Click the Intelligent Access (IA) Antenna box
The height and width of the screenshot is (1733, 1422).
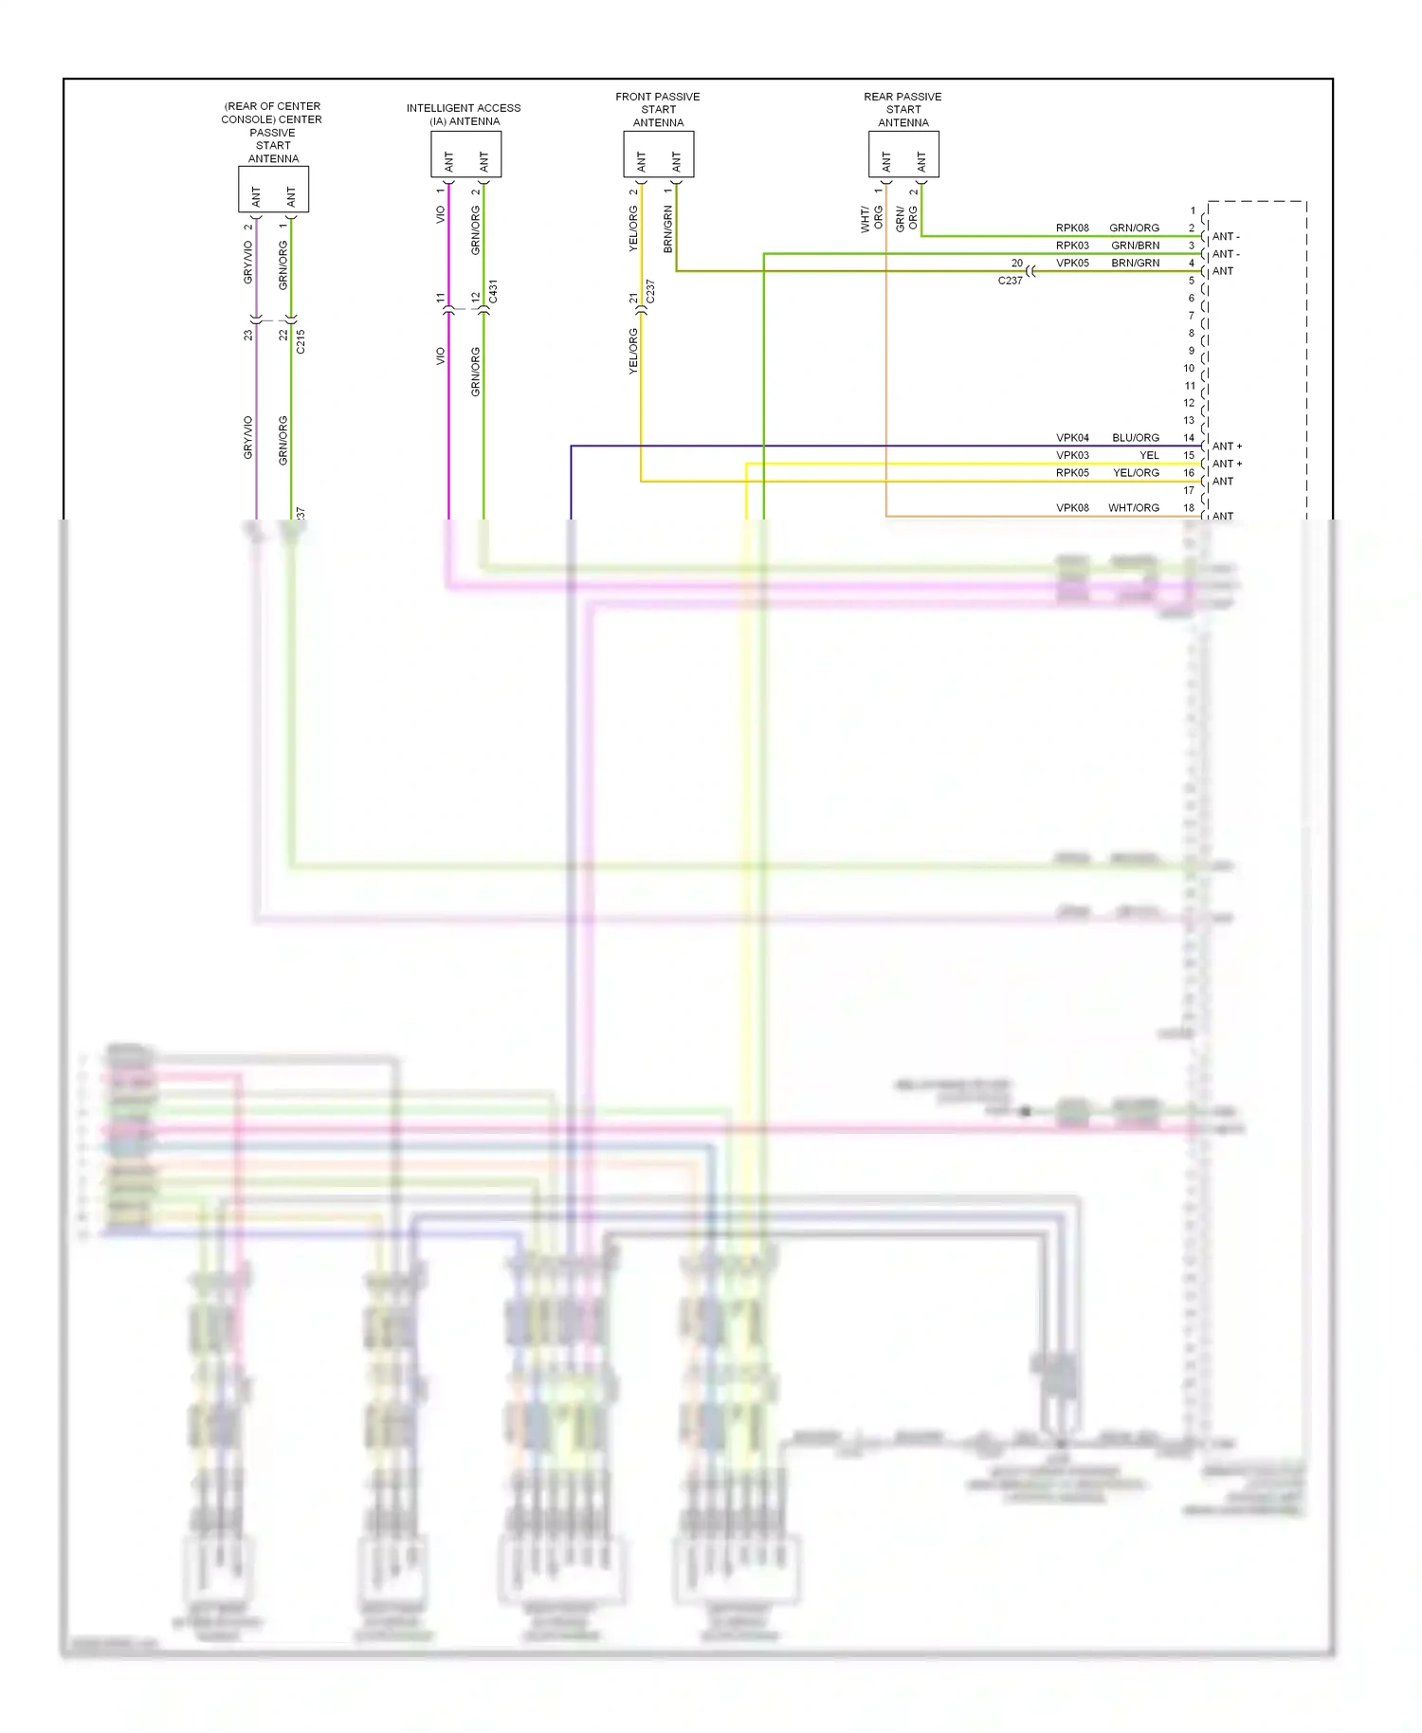pyautogui.click(x=465, y=155)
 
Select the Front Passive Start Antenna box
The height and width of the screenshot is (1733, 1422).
pyautogui.click(x=658, y=155)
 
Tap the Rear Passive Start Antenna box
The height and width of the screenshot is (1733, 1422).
pyautogui.click(x=903, y=155)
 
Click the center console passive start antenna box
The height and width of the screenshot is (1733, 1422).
pyautogui.click(x=273, y=190)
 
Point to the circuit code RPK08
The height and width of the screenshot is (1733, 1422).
pyautogui.click(x=1072, y=228)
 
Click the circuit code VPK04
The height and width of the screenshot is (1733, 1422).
pyautogui.click(x=1072, y=438)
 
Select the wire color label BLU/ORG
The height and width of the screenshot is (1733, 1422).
pyautogui.click(x=1135, y=438)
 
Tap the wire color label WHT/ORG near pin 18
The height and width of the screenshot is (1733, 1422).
pyautogui.click(x=1133, y=508)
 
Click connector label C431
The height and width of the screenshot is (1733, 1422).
pyautogui.click(x=493, y=292)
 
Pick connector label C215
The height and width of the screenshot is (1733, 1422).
pyautogui.click(x=301, y=342)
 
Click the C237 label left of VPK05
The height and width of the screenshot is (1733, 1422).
pyautogui.click(x=1010, y=281)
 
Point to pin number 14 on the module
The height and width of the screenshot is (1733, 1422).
pyautogui.click(x=1189, y=438)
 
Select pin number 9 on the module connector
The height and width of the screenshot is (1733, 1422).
pyautogui.click(x=1192, y=351)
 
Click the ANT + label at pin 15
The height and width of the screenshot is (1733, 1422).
pyautogui.click(x=1227, y=464)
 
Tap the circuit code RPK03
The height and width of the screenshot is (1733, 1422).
pyautogui.click(x=1072, y=246)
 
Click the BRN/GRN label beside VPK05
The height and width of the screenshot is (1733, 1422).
pyautogui.click(x=1135, y=264)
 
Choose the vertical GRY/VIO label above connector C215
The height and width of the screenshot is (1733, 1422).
pyautogui.click(x=248, y=262)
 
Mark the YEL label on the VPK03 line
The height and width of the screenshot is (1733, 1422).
pyautogui.click(x=1149, y=456)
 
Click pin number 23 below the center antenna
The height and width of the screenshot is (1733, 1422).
pyautogui.click(x=248, y=335)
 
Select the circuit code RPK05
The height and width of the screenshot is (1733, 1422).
pyautogui.click(x=1072, y=473)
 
